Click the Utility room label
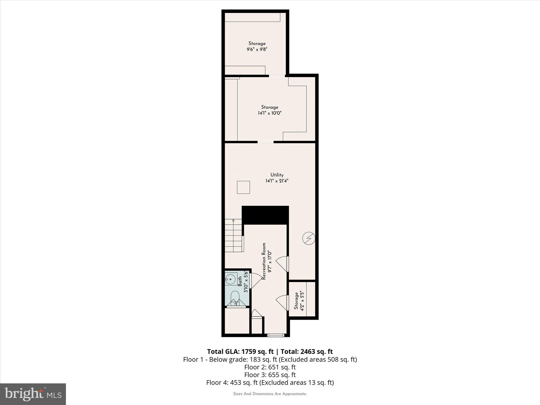point(277,175)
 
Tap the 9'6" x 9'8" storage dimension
point(257,49)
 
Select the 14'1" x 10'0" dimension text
point(269,113)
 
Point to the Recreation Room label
point(264,261)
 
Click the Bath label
point(240,281)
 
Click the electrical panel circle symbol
point(308,238)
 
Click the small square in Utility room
point(243,187)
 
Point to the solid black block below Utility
point(265,215)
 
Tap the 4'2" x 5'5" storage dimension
point(302,301)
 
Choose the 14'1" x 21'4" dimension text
point(277,181)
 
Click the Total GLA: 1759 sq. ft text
point(240,351)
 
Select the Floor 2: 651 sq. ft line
point(270,367)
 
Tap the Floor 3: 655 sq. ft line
point(270,375)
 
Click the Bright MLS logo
point(33,394)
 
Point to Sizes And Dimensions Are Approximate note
point(270,394)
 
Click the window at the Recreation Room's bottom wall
point(276,335)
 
